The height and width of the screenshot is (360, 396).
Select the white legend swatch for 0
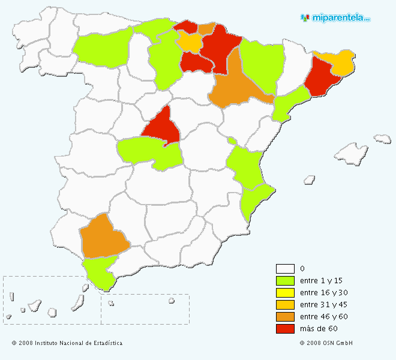[285, 269]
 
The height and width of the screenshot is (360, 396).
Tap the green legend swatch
[285, 281]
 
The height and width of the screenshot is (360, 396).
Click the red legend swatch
[285, 329]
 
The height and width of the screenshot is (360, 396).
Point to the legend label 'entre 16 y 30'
[323, 293]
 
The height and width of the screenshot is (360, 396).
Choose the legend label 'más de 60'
[319, 329]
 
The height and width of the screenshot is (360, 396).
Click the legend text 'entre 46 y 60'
[323, 317]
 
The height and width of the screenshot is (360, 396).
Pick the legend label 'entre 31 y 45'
[323, 305]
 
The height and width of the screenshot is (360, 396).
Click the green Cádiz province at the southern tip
[100, 273]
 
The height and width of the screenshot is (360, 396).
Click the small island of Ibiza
[309, 179]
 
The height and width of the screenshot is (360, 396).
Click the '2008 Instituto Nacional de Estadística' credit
[67, 343]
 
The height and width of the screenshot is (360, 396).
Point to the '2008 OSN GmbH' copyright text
[326, 343]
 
